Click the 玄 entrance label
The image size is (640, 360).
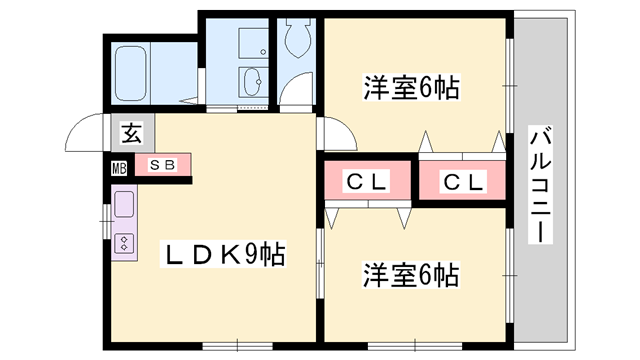pyautogui.click(x=132, y=132)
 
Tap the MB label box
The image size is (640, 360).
pyautogui.click(x=119, y=167)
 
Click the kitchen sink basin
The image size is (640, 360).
pyautogui.click(x=124, y=207)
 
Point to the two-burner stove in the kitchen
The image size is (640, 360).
pyautogui.click(x=124, y=243)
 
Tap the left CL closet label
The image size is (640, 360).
pyautogui.click(x=366, y=182)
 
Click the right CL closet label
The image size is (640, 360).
pyautogui.click(x=463, y=182)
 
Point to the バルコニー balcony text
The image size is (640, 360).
pyautogui.click(x=540, y=184)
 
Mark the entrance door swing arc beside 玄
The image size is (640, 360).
pyautogui.click(x=85, y=129)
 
